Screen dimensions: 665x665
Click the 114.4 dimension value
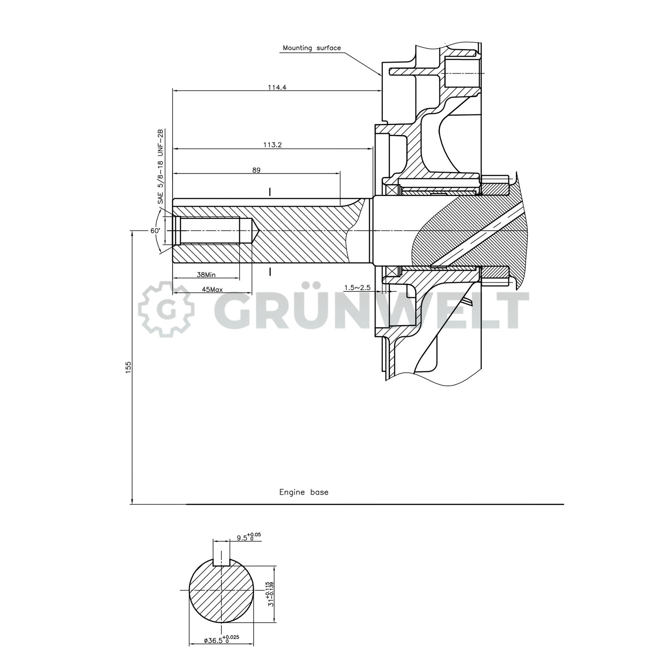pos(277,87)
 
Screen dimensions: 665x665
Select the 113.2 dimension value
pos(272,145)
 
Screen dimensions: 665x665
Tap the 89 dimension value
pos(256,170)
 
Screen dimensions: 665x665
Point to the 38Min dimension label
pos(206,275)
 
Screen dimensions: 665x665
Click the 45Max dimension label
pos(212,289)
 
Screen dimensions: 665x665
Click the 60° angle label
pos(155,231)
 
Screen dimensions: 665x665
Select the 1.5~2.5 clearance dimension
pos(357,288)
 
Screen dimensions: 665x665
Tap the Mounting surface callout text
pos(312,48)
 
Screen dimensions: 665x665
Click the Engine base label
pos(304,492)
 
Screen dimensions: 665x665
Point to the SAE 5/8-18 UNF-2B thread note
pos(161,167)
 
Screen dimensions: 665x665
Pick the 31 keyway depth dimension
pos(271,593)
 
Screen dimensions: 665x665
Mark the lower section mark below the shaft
pos(270,272)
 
